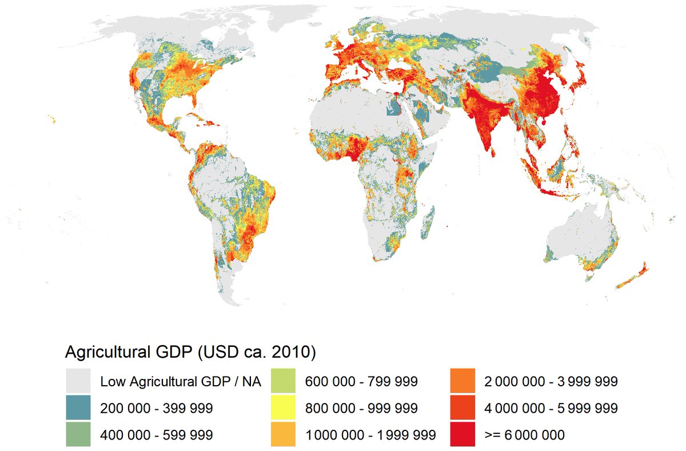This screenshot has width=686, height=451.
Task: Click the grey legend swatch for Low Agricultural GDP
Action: [79, 381]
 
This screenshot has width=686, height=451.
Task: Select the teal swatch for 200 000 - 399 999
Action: [79, 408]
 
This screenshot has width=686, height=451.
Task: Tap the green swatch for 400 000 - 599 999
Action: [79, 435]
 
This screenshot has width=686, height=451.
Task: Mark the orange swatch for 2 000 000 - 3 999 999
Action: [463, 381]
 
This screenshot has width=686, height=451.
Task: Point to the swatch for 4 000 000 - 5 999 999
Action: [463, 408]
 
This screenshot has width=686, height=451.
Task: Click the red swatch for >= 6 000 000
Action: [463, 435]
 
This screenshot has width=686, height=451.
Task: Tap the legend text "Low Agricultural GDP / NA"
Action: [181, 382]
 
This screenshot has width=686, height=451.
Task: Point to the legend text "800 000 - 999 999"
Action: [361, 409]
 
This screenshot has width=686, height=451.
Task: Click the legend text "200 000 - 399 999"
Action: [157, 409]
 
